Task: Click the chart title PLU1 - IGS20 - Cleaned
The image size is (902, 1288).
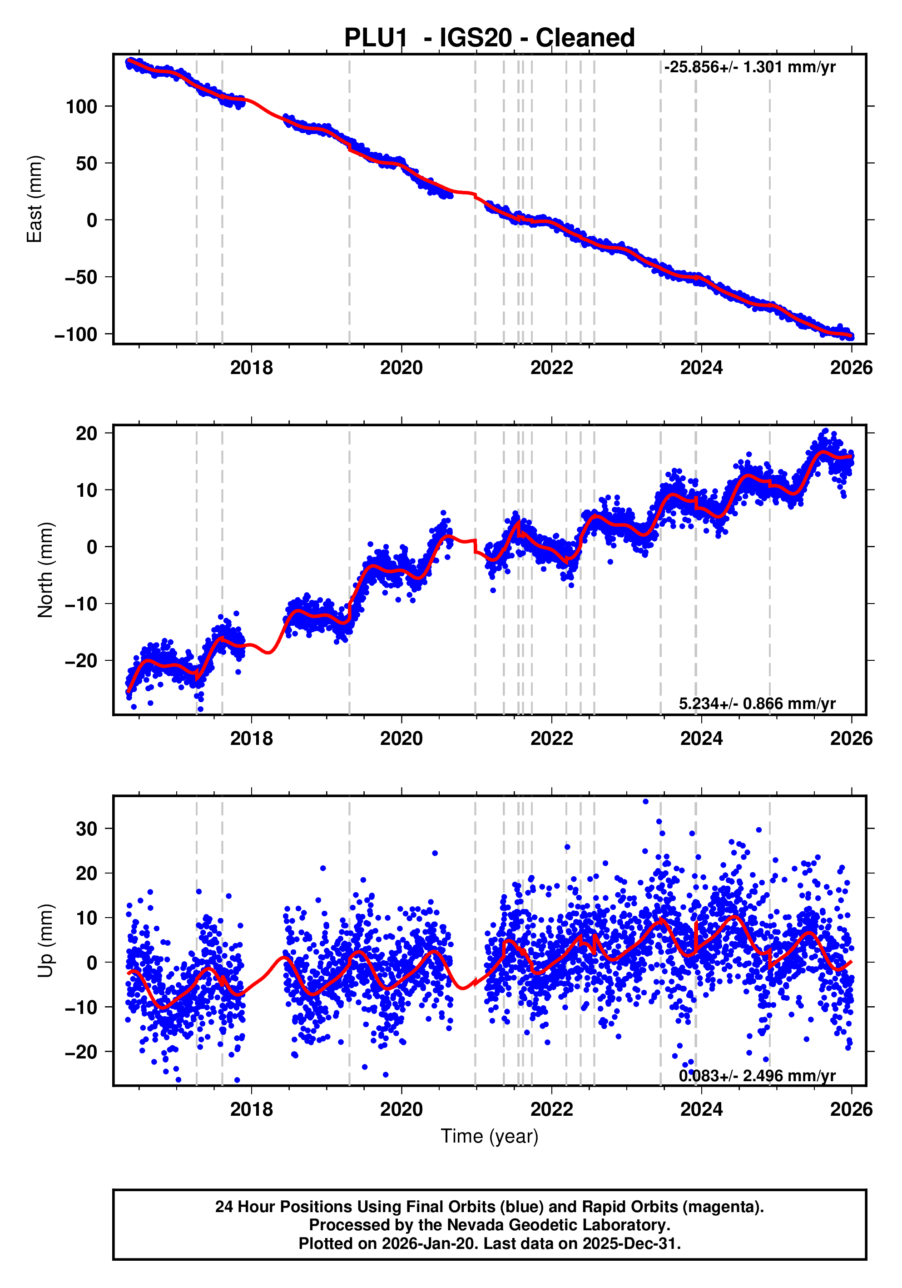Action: pyautogui.click(x=489, y=38)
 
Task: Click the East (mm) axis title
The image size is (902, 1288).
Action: pyautogui.click(x=35, y=199)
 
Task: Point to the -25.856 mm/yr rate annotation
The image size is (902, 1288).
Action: pyautogui.click(x=749, y=67)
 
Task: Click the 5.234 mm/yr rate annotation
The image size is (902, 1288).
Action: pyautogui.click(x=757, y=704)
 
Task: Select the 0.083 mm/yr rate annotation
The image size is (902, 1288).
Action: pyautogui.click(x=757, y=1075)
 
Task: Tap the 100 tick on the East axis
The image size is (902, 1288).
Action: pyautogui.click(x=81, y=107)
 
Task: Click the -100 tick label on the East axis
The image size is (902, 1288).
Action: pyautogui.click(x=76, y=334)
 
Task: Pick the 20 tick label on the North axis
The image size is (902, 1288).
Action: pyautogui.click(x=87, y=433)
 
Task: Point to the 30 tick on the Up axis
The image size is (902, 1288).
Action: pyautogui.click(x=87, y=829)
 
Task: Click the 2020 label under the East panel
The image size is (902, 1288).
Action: pyautogui.click(x=401, y=368)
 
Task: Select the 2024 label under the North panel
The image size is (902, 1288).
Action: pyautogui.click(x=701, y=739)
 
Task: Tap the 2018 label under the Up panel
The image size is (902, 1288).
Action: pyautogui.click(x=251, y=1109)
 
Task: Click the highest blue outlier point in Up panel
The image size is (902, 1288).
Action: pyautogui.click(x=645, y=802)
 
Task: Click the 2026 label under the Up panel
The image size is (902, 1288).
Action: pyautogui.click(x=851, y=1109)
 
